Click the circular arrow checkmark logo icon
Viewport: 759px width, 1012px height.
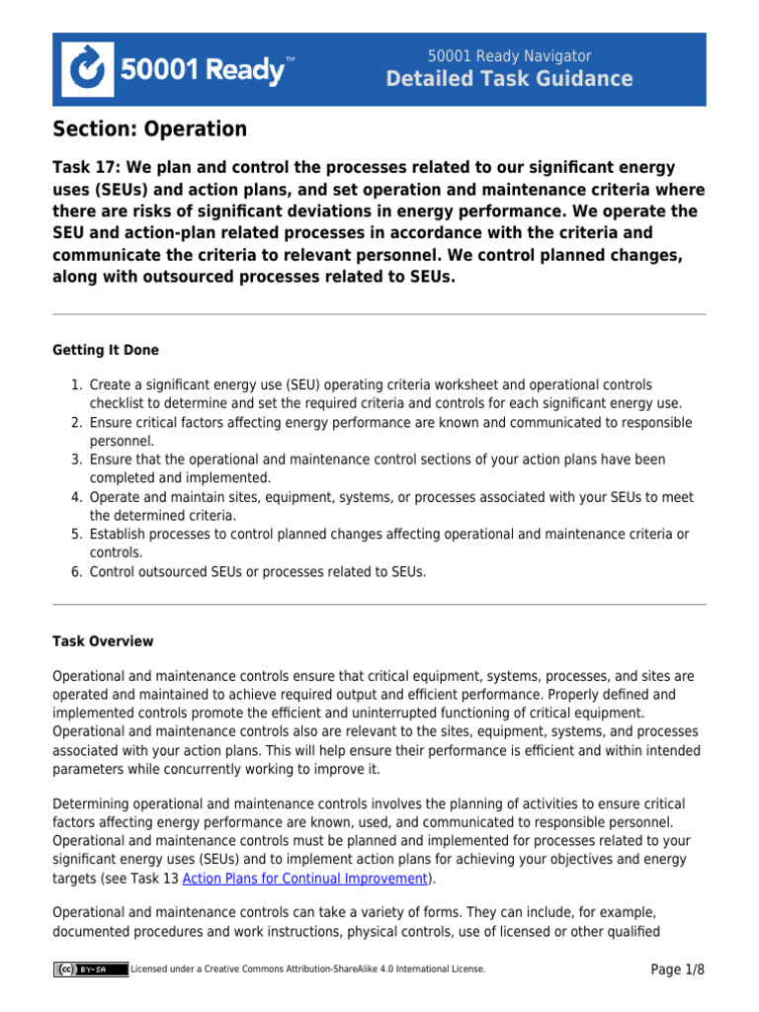(88, 69)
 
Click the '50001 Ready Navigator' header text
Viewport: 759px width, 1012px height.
(509, 56)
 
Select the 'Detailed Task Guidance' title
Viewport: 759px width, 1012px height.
(509, 80)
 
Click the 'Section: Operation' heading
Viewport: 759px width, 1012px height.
(149, 129)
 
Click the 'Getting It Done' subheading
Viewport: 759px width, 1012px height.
(105, 350)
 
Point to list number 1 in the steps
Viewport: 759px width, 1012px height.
(76, 384)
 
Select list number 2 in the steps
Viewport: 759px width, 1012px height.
(76, 423)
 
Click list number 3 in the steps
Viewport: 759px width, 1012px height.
(76, 460)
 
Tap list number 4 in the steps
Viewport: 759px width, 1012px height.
(76, 497)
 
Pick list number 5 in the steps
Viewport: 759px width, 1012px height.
(76, 535)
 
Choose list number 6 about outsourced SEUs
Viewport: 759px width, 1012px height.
(76, 572)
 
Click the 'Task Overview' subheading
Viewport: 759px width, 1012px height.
(102, 641)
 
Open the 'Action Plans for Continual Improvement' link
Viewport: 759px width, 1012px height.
(304, 879)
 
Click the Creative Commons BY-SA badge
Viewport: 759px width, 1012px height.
(91, 970)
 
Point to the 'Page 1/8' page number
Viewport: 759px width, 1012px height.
(677, 970)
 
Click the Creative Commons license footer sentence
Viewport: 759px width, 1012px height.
(307, 970)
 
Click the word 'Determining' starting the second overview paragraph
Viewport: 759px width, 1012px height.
(90, 803)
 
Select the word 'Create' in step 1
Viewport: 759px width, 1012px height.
(109, 384)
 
